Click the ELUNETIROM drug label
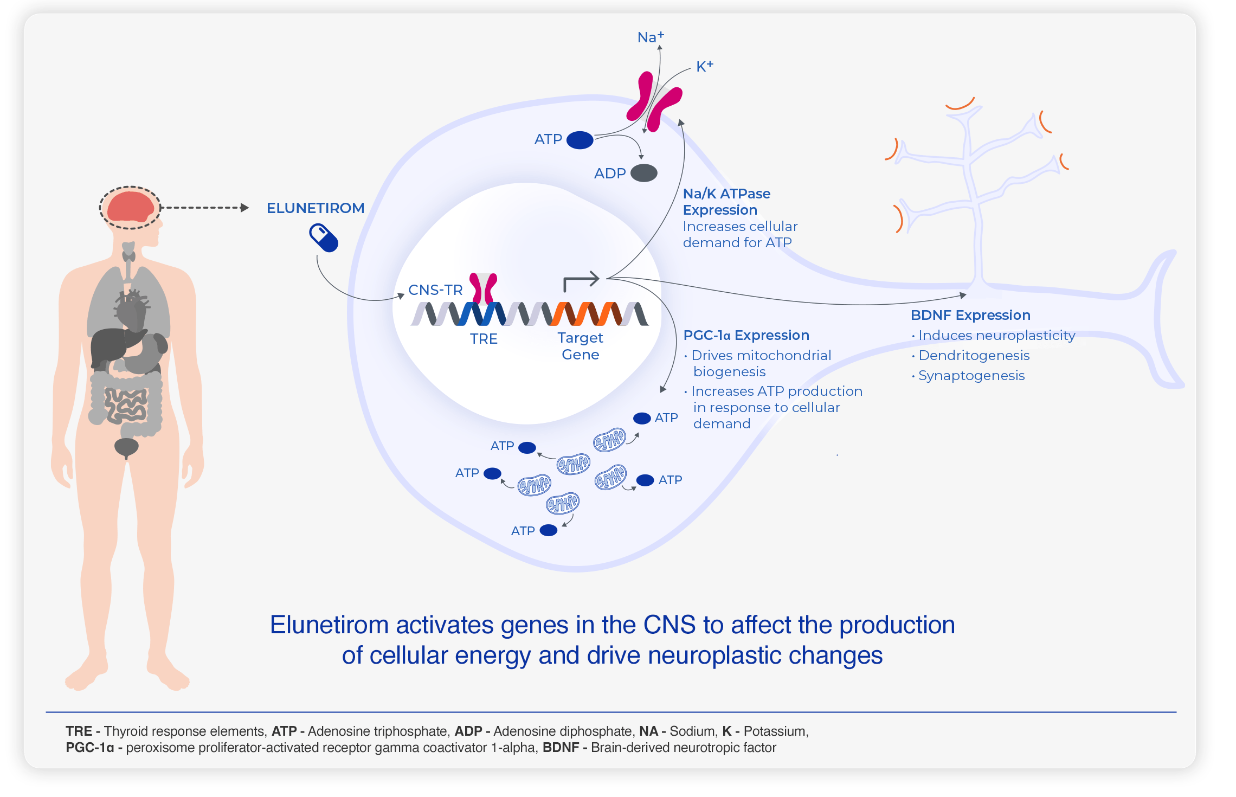316,208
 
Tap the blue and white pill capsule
324,239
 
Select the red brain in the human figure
130,207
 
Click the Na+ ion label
651,37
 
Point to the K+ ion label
705,66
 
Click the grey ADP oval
644,173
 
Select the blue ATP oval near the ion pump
580,140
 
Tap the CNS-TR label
435,290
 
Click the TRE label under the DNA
484,339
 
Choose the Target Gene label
581,346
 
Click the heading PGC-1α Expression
746,335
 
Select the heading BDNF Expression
970,315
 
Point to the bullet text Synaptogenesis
971,376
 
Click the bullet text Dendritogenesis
974,356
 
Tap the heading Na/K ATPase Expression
726,202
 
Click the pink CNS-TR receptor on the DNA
483,288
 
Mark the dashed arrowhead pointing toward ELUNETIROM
244,208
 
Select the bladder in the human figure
126,447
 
